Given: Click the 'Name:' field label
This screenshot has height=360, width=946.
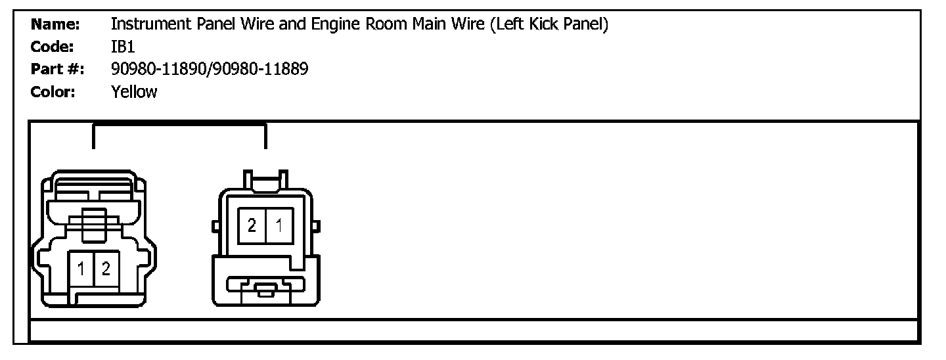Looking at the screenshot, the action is [x=55, y=25].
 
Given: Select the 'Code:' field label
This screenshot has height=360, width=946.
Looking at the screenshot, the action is [x=52, y=47].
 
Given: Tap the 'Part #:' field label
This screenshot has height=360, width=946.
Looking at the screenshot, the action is [x=57, y=69].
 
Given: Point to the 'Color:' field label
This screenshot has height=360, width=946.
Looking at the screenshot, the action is [x=53, y=92].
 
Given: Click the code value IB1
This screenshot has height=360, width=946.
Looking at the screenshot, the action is [x=124, y=47].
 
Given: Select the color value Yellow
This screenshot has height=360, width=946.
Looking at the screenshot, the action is [x=135, y=92].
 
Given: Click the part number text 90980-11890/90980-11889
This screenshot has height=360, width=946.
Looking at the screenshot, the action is [x=210, y=69].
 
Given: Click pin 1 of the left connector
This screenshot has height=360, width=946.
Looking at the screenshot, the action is [x=81, y=269].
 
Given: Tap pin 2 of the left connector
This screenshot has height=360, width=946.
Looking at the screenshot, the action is [x=106, y=269].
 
